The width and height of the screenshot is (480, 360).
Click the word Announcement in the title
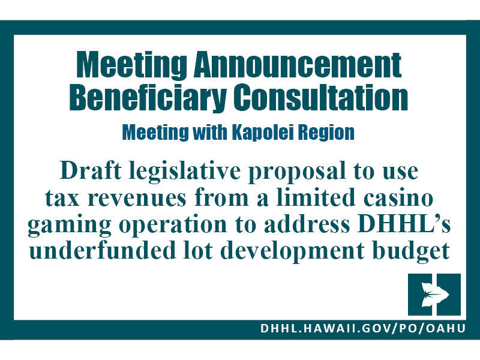click(298, 65)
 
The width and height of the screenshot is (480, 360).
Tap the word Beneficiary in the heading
click(148, 98)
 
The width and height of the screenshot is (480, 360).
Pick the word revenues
click(137, 199)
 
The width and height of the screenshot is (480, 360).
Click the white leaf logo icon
click(434, 295)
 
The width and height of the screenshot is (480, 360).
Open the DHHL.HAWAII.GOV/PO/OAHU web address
click(363, 328)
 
